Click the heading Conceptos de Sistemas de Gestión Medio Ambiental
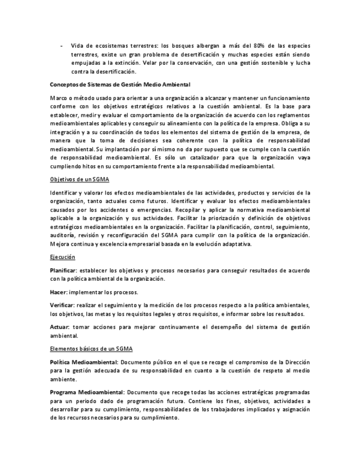pyautogui.click(x=120, y=85)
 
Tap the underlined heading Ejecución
pyautogui.click(x=62, y=257)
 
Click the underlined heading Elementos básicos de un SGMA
pyautogui.click(x=91, y=349)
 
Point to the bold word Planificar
pyautogui.click(x=62, y=270)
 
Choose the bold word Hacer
pyautogui.click(x=57, y=292)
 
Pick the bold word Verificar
pyautogui.click(x=62, y=305)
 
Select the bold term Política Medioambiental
pyautogui.click(x=84, y=363)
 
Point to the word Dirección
pyautogui.click(x=296, y=363)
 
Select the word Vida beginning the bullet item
pyautogui.click(x=77, y=46)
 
